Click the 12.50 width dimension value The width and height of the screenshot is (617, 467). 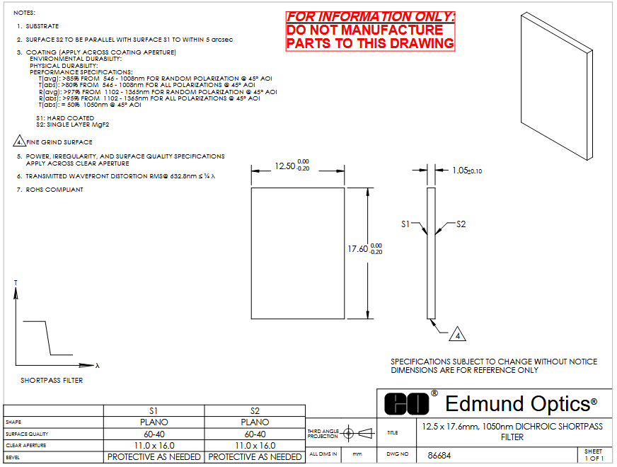[x=285, y=166]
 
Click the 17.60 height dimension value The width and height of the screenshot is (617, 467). [x=358, y=249]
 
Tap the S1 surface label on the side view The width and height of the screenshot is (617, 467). [x=405, y=224]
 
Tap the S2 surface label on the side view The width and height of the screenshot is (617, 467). [x=461, y=224]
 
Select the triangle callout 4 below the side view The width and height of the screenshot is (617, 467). [x=457, y=334]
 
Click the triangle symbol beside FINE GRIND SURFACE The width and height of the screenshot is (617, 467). [x=19, y=141]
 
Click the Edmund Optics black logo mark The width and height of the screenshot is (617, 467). [x=406, y=403]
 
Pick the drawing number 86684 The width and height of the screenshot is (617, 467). [x=439, y=456]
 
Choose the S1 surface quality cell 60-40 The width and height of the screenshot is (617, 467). [x=154, y=434]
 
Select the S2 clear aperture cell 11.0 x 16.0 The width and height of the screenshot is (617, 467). [x=255, y=446]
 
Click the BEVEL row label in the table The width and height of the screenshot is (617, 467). [x=13, y=458]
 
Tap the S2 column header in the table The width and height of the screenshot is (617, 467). [x=255, y=411]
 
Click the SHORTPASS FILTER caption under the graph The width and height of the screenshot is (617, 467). [x=52, y=381]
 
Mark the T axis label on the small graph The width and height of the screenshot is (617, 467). [x=16, y=282]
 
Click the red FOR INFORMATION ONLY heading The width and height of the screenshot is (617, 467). [x=370, y=17]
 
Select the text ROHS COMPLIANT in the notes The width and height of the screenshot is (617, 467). [x=54, y=190]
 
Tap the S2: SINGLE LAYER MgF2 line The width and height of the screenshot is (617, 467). [x=73, y=125]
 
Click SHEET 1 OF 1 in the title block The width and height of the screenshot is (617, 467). [x=594, y=455]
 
